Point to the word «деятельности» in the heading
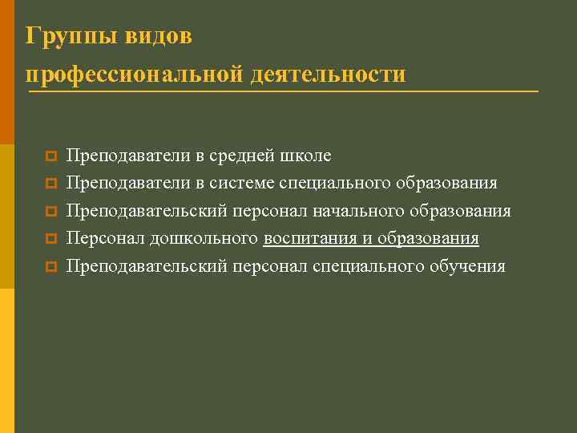(329, 75)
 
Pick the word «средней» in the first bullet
(246, 156)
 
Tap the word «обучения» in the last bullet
(467, 266)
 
